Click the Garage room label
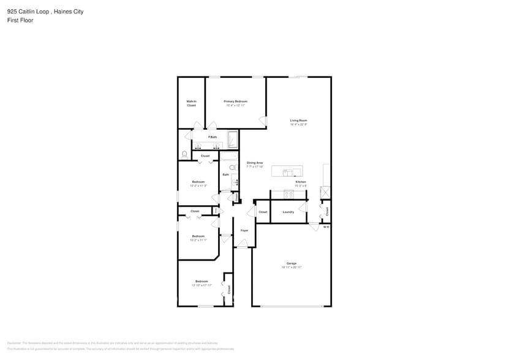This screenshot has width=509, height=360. (292, 263)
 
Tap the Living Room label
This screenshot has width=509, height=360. (298, 121)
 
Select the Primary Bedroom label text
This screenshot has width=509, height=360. (235, 101)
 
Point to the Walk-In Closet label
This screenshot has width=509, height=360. (191, 103)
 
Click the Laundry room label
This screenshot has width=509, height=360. (288, 212)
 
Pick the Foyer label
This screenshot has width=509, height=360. (244, 230)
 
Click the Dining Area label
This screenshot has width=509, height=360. (255, 163)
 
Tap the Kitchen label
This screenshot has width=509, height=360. (301, 182)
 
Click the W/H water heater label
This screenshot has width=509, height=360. (326, 227)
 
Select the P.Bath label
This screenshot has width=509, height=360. (213, 137)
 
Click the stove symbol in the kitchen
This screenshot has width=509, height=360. (288, 195)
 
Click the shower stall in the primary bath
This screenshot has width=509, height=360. (233, 140)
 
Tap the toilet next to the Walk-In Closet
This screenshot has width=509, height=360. (184, 154)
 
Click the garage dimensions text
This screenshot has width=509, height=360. (292, 268)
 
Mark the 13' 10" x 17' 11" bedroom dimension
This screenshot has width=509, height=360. (202, 285)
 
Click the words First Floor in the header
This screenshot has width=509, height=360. (20, 20)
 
